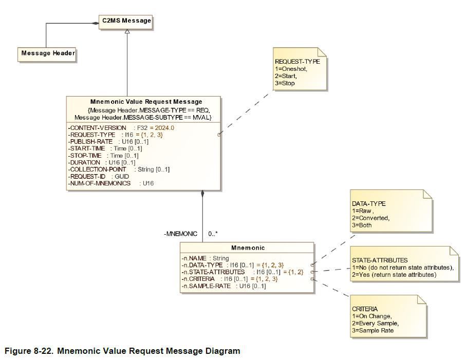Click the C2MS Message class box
126,21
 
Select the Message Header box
48,53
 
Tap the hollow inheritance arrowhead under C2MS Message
127,32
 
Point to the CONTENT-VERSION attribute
98,127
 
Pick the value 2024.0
164,127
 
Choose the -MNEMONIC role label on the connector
180,234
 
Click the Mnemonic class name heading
248,248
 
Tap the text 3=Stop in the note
285,83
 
